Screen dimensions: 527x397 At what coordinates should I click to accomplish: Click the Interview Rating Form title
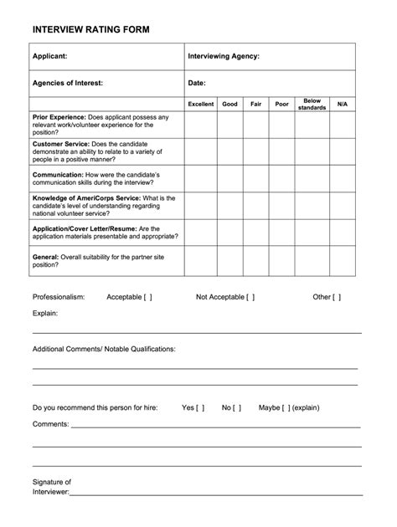point(90,30)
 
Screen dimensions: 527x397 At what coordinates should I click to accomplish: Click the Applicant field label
point(50,56)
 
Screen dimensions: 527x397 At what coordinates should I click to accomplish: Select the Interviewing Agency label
point(224,56)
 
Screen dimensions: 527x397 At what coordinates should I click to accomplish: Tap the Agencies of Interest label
point(68,83)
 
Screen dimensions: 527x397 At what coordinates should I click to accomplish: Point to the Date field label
point(197,83)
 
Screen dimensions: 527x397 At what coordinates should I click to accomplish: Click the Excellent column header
point(201,105)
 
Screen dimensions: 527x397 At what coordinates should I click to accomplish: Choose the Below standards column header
point(312,105)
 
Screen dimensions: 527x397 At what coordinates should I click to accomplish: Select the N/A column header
point(342,105)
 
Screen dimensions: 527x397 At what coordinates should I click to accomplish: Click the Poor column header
point(282,105)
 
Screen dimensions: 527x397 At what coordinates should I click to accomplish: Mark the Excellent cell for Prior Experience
point(201,125)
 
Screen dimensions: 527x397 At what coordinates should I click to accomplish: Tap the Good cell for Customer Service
point(230,151)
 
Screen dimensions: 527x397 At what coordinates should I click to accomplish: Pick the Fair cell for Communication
point(256,178)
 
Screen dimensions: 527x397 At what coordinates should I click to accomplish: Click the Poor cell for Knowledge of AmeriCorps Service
point(282,206)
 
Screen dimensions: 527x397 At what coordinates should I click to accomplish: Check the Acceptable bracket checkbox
point(147,297)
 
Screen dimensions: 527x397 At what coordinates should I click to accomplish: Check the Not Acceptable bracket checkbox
point(250,297)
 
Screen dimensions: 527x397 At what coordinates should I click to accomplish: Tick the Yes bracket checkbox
point(201,408)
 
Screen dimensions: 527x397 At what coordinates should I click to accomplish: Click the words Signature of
point(52,482)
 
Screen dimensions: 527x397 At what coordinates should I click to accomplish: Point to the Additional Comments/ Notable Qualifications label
point(104,349)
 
